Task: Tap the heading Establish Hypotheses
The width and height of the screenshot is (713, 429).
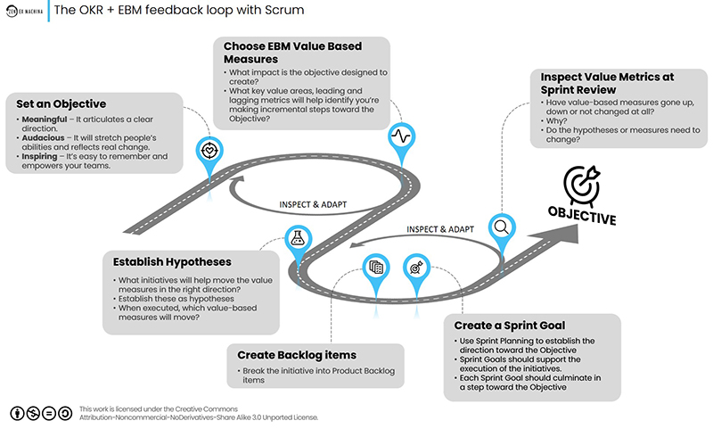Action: (x=172, y=262)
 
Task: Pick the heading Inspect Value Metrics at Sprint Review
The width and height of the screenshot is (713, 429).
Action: (x=605, y=83)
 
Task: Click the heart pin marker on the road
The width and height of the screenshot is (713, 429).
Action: (x=209, y=147)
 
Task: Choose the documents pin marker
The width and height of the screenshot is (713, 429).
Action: (x=375, y=266)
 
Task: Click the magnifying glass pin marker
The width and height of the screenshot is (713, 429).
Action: (x=502, y=227)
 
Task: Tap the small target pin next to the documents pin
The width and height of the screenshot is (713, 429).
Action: (x=414, y=266)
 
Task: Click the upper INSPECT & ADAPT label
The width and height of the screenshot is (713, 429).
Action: (x=313, y=203)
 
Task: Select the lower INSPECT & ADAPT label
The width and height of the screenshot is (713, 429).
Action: (x=441, y=229)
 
